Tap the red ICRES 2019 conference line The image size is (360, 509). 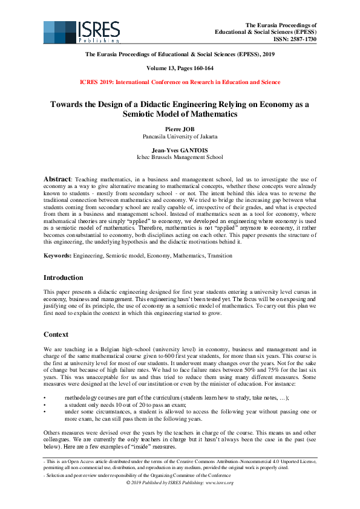180,82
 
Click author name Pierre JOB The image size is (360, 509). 180,129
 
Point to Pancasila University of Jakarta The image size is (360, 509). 180,137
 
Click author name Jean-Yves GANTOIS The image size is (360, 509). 180,150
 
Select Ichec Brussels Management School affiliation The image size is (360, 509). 180,157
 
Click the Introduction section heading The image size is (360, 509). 64,277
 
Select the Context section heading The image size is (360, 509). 57,334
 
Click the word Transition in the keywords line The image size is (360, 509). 219,256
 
